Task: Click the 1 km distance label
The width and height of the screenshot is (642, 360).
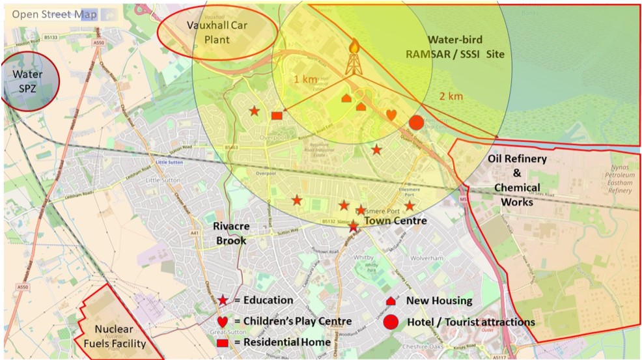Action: click(305, 79)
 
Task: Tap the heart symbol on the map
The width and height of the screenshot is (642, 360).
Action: click(391, 115)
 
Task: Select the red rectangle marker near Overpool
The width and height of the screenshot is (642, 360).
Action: click(276, 115)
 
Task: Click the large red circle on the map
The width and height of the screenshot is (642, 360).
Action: click(416, 122)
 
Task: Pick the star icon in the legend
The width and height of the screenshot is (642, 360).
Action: click(223, 300)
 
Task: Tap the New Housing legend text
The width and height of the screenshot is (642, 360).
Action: click(439, 301)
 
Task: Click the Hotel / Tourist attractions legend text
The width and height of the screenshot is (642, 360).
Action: click(470, 322)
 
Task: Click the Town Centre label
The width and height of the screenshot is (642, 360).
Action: click(395, 221)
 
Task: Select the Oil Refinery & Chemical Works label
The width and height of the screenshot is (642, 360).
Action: click(517, 180)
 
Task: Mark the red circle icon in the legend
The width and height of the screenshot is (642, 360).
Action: click(391, 322)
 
